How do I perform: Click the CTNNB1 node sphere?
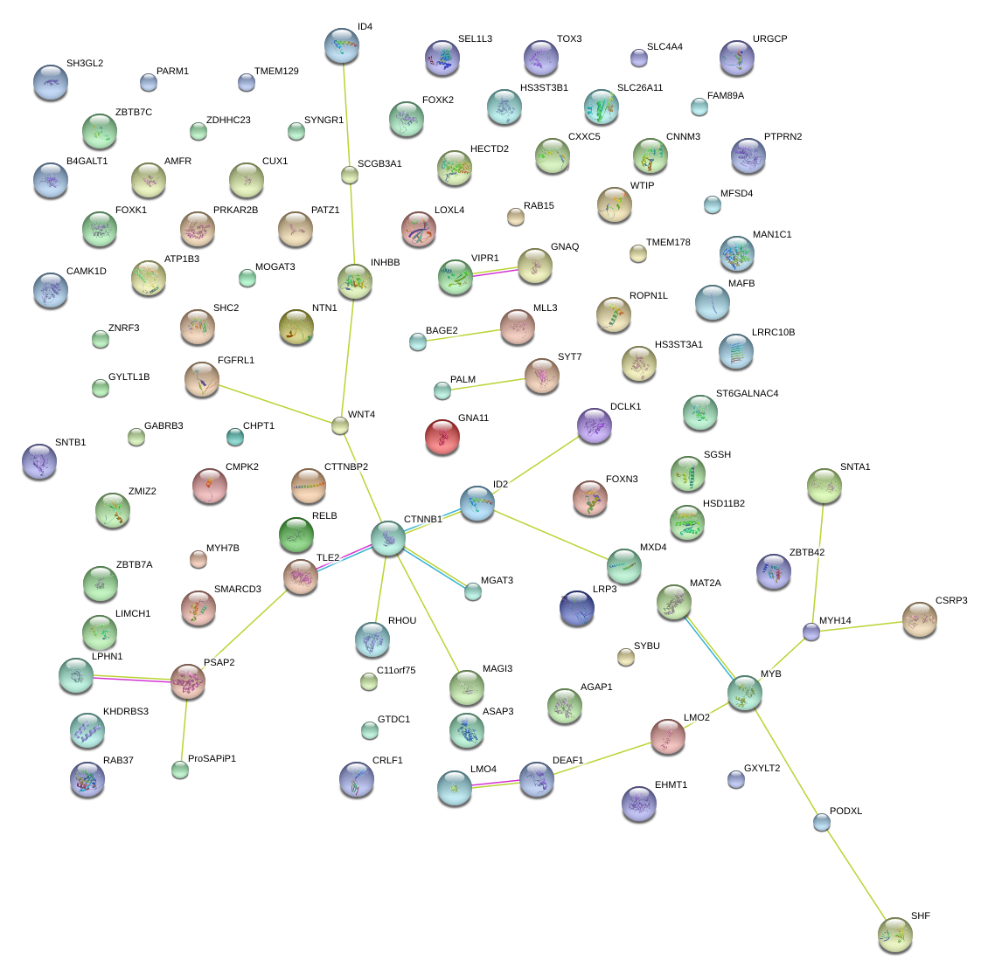[x=388, y=538]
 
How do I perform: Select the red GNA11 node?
[x=442, y=437]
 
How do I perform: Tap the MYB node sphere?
[x=744, y=692]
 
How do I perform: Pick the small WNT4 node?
[x=339, y=426]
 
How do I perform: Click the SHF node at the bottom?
[x=894, y=934]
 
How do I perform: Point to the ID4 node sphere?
[x=341, y=45]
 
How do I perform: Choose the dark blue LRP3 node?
[x=577, y=608]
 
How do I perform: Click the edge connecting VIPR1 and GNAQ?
[x=496, y=272]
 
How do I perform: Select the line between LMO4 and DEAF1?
[x=496, y=784]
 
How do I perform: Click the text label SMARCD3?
[x=238, y=590]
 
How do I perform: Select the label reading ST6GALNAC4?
[x=747, y=394]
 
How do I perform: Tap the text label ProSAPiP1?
[x=212, y=759]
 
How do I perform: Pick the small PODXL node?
[x=821, y=822]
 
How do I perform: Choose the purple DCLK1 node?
[x=595, y=425]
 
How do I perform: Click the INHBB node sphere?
[x=354, y=281]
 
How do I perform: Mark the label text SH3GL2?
[x=85, y=64]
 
